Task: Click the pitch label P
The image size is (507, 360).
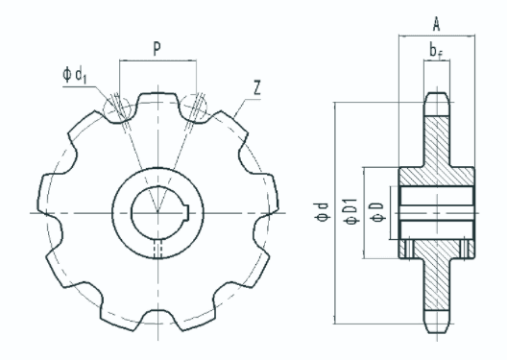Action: click(157, 48)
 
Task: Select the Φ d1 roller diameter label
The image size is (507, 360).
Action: click(75, 75)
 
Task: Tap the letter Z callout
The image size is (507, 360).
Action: click(257, 87)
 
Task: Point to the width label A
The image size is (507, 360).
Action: click(437, 24)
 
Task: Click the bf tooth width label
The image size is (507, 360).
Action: click(436, 51)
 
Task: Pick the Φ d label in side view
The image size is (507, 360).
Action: click(322, 212)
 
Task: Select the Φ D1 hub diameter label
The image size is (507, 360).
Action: click(352, 211)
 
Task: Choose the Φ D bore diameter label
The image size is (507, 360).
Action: click(378, 212)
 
